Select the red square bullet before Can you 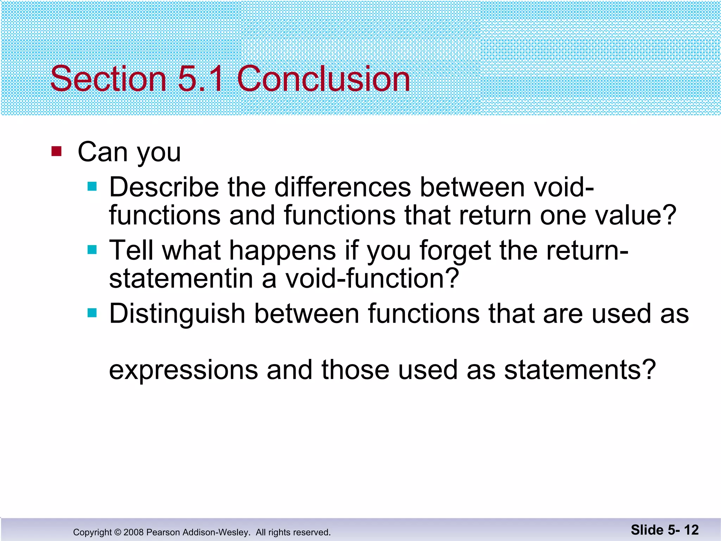coord(56,151)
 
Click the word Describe coord(164,187)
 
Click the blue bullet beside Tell coord(92,250)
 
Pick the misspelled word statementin coord(181,279)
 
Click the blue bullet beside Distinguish coord(92,313)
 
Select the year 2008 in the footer coord(133,532)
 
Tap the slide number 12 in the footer coord(691,530)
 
